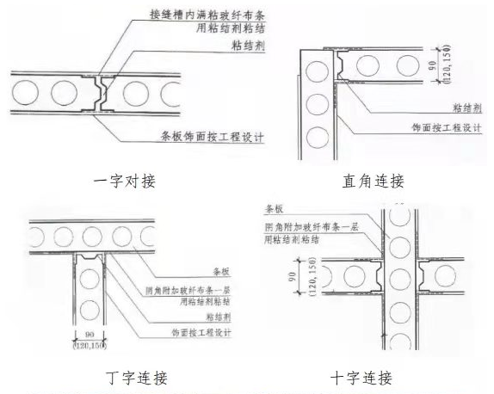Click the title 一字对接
pyautogui.click(x=129, y=182)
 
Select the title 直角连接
pyautogui.click(x=372, y=182)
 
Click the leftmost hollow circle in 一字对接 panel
pyautogui.click(x=28, y=90)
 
